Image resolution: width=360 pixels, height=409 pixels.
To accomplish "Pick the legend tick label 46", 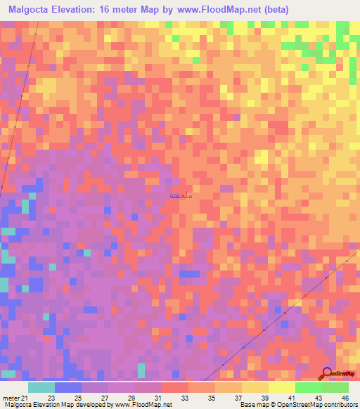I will click(x=344, y=398).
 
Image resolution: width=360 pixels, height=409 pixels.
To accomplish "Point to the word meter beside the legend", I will click(x=11, y=398).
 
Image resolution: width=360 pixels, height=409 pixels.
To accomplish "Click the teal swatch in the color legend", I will click(x=41, y=387).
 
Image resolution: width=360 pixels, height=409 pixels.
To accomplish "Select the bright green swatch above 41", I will click(x=309, y=387).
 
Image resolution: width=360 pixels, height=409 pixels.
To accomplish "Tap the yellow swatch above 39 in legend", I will click(x=255, y=387).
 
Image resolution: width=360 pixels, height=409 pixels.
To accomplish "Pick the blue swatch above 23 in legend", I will click(x=68, y=387).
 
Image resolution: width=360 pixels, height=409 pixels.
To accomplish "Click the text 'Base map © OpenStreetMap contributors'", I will click(x=297, y=405).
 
